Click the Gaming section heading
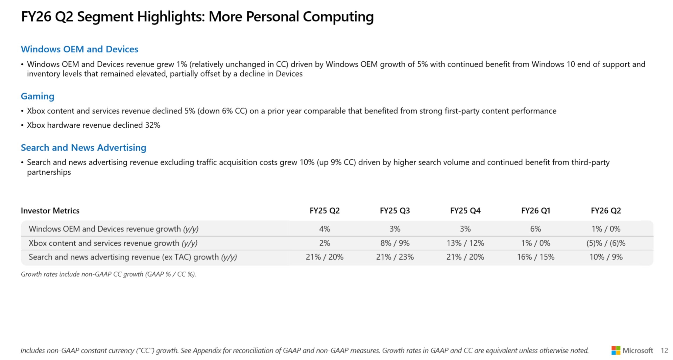click(x=38, y=96)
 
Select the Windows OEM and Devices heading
click(x=79, y=49)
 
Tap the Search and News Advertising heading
click(x=83, y=148)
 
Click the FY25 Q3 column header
click(x=395, y=211)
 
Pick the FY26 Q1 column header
click(x=535, y=211)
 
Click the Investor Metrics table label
click(x=50, y=211)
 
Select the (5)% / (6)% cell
click(x=605, y=243)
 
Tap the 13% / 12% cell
click(x=465, y=243)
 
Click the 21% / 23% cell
click(x=395, y=257)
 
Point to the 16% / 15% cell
click(x=535, y=257)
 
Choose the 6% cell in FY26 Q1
click(x=535, y=229)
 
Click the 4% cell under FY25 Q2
click(x=324, y=229)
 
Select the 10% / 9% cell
click(x=605, y=257)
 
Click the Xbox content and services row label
click(x=113, y=243)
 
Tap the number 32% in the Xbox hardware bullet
click(x=153, y=125)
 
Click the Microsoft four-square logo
click(x=615, y=350)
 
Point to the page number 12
click(x=664, y=351)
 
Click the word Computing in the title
click(x=338, y=17)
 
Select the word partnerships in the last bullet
click(x=49, y=172)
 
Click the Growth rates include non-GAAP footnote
click(x=108, y=274)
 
